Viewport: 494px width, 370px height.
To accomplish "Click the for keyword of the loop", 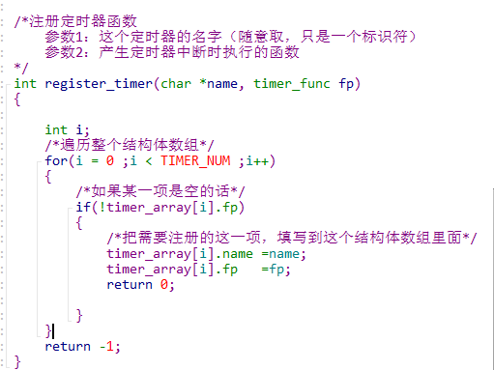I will (56, 160).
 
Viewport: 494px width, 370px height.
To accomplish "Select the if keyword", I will (83, 207).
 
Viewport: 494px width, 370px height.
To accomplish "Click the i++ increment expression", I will (257, 160).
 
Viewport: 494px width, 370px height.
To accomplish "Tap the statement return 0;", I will (141, 284).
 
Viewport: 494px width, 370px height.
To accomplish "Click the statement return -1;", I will (83, 346).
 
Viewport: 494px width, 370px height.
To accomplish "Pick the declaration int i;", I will (68, 129).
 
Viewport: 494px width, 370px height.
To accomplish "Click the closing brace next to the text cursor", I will (48, 330).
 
